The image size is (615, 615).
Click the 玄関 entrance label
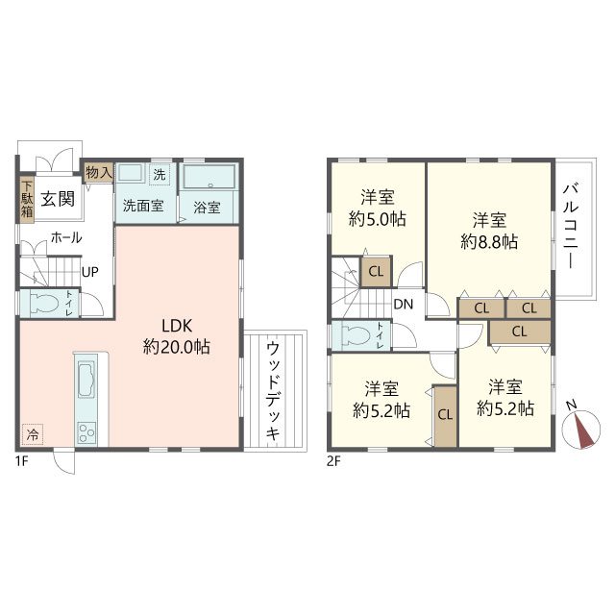(x=59, y=199)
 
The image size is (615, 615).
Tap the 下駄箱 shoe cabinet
(x=28, y=199)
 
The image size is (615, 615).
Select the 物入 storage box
(x=98, y=172)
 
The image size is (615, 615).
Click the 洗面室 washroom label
(x=142, y=206)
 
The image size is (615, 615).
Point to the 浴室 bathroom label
(x=207, y=206)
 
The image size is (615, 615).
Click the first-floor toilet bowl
(x=45, y=305)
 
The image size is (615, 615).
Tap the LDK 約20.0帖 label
(x=177, y=335)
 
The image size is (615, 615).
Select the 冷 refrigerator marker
(x=33, y=434)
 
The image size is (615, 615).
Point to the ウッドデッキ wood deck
(x=274, y=389)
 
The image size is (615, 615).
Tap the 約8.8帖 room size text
(x=489, y=242)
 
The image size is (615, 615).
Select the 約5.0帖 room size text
(x=377, y=219)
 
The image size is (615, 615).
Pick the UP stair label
(x=89, y=271)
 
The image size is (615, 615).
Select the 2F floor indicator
(x=333, y=460)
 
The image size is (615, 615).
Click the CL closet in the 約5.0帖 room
(x=376, y=272)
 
